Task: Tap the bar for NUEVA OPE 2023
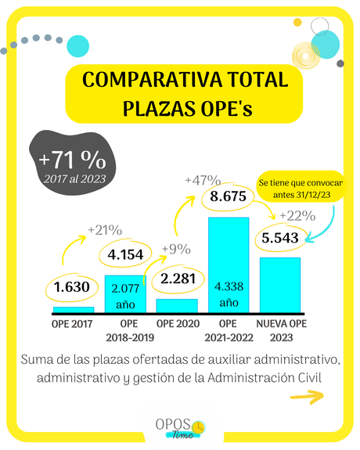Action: pyautogui.click(x=280, y=285)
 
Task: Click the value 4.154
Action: pyautogui.click(x=124, y=254)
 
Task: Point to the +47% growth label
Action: pyautogui.click(x=203, y=180)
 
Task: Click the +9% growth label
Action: pyautogui.click(x=176, y=250)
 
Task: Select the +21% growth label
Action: pyautogui.click(x=104, y=230)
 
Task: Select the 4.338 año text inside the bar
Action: pyautogui.click(x=228, y=290)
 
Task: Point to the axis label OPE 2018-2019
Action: pyautogui.click(x=124, y=330)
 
